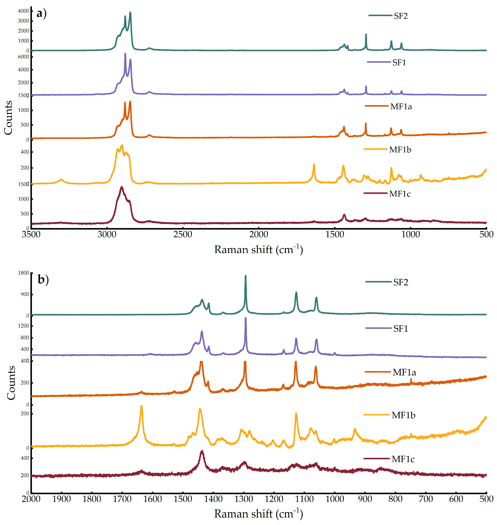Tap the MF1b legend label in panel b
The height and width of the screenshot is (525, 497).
point(403,415)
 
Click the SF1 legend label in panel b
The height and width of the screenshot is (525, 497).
point(400,328)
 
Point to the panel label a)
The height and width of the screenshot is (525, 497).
point(42,13)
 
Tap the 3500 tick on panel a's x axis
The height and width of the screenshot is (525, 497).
point(31,234)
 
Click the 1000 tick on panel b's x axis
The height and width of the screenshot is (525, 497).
point(335,499)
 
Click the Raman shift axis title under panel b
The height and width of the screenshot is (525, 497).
point(258,514)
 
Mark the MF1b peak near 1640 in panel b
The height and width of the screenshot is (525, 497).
point(141,406)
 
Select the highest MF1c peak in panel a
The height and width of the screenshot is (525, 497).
point(122,187)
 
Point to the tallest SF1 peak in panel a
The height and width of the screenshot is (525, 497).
point(125,54)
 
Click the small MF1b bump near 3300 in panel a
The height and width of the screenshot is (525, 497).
point(61,180)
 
